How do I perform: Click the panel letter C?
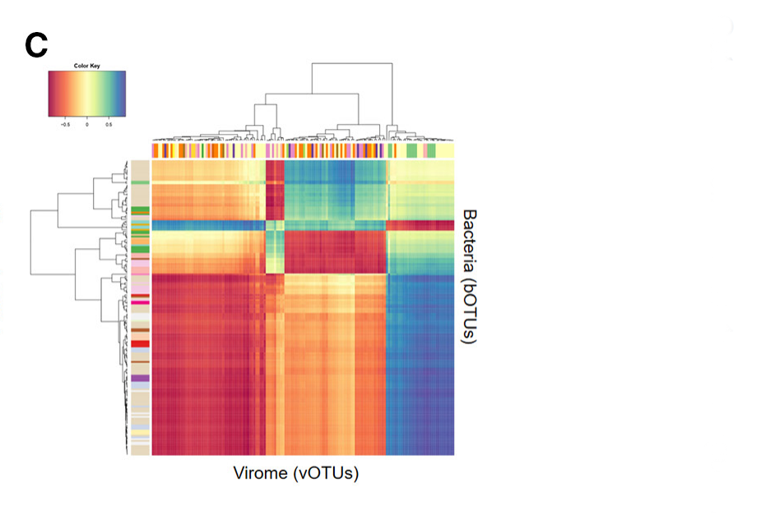click(x=37, y=46)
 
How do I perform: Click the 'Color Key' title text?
click(x=86, y=64)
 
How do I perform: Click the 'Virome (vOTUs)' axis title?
click(x=297, y=473)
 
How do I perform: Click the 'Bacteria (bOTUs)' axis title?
click(x=469, y=277)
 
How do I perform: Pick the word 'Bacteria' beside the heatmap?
click(x=469, y=239)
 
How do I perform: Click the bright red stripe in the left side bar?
click(x=140, y=343)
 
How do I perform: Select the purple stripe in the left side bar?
click(x=140, y=378)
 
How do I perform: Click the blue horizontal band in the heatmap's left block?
click(x=206, y=225)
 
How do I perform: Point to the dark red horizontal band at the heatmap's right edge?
click(x=420, y=225)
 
